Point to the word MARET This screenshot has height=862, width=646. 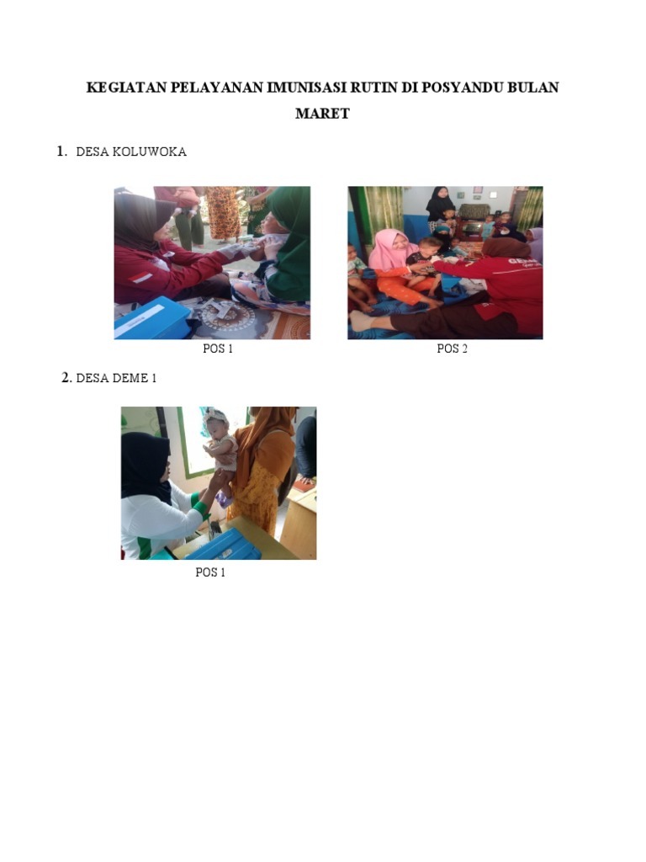[322, 114]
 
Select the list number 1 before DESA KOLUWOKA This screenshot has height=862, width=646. [61, 152]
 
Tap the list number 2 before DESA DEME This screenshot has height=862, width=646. [66, 378]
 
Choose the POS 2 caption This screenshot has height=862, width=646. [452, 349]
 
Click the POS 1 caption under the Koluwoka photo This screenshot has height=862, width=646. [218, 349]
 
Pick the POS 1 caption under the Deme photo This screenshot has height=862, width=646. [210, 572]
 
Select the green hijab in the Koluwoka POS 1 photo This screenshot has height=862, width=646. [289, 242]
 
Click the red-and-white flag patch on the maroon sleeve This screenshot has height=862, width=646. [141, 276]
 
